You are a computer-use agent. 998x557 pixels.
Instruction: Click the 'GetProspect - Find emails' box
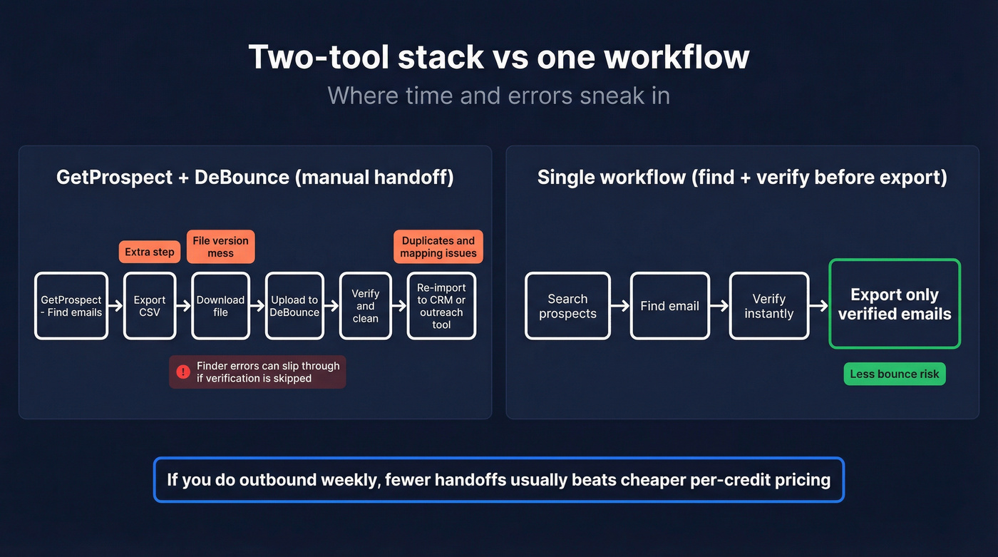pyautogui.click(x=71, y=306)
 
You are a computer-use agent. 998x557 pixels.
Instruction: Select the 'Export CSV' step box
pyautogui.click(x=150, y=306)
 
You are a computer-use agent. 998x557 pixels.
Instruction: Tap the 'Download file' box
pyautogui.click(x=221, y=306)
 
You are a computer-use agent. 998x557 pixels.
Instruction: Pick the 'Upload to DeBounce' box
pyautogui.click(x=294, y=306)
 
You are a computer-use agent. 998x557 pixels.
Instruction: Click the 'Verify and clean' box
pyautogui.click(x=366, y=306)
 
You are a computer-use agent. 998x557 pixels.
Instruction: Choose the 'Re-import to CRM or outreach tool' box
pyautogui.click(x=441, y=306)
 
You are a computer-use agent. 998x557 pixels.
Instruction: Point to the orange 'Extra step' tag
pyautogui.click(x=150, y=252)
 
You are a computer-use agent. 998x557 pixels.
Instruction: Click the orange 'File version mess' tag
pyautogui.click(x=221, y=247)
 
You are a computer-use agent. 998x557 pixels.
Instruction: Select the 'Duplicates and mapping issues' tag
pyautogui.click(x=438, y=247)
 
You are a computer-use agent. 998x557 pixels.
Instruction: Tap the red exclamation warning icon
pyautogui.click(x=183, y=372)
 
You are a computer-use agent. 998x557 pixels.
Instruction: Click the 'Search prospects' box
pyautogui.click(x=567, y=306)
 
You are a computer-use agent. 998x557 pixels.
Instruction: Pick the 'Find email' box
pyautogui.click(x=669, y=306)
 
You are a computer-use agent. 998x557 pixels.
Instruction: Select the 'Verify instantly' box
pyautogui.click(x=769, y=306)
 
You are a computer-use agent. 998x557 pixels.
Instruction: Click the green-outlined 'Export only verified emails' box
pyautogui.click(x=895, y=304)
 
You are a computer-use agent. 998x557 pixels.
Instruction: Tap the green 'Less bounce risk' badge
pyautogui.click(x=895, y=374)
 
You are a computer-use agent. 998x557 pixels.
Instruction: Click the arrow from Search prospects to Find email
pyautogui.click(x=620, y=306)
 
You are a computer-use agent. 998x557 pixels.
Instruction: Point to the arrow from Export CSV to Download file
pyautogui.click(x=184, y=306)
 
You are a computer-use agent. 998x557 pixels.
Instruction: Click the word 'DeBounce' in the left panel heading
pyautogui.click(x=242, y=177)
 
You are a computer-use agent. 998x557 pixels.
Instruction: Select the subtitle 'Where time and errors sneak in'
pyautogui.click(x=498, y=96)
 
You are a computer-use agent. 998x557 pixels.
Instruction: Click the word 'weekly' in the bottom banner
pyautogui.click(x=349, y=479)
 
